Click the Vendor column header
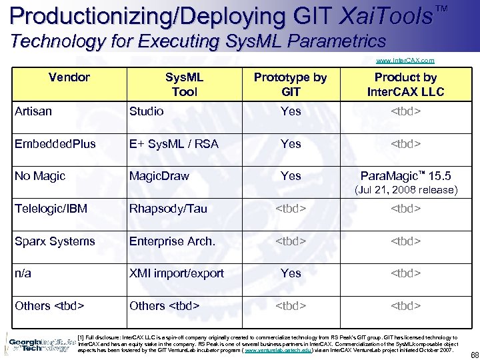tap(69, 77)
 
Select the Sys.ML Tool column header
tap(184, 85)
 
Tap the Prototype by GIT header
tap(291, 85)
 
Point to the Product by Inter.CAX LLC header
tap(405, 85)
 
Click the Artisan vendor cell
tap(33, 111)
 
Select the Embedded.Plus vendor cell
tap(55, 144)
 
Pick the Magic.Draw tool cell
tap(159, 176)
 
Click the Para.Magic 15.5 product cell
tap(405, 176)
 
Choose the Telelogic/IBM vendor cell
tap(51, 209)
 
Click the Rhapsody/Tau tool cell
tap(168, 209)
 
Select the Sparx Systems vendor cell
tap(55, 241)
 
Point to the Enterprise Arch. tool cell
tap(172, 241)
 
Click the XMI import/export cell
tap(177, 273)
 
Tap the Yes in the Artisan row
tap(291, 111)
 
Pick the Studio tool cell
tap(146, 111)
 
